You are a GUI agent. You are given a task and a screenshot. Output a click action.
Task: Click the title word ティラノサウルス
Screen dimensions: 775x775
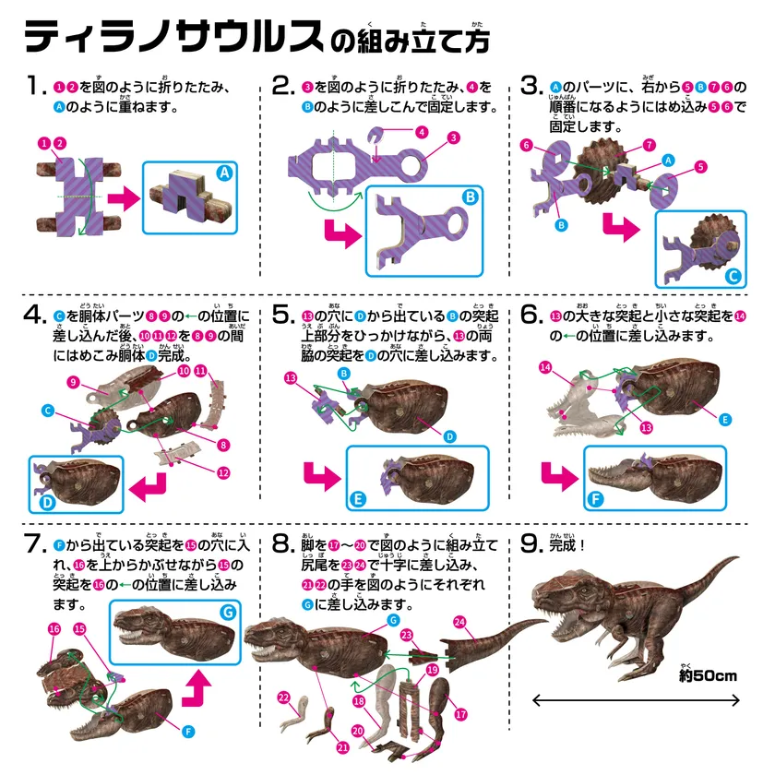tap(174, 37)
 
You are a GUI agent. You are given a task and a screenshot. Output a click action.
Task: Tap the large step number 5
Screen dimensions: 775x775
tap(283, 315)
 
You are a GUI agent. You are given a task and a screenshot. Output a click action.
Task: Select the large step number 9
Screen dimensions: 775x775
tap(531, 543)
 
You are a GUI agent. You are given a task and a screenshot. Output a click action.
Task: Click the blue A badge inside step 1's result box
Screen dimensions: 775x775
tap(225, 173)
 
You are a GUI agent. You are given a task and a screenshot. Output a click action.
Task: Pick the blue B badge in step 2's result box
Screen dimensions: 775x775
tap(470, 197)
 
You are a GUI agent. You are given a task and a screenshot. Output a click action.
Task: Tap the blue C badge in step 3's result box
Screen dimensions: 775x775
tap(733, 276)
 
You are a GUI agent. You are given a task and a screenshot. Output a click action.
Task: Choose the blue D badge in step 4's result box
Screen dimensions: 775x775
tap(47, 502)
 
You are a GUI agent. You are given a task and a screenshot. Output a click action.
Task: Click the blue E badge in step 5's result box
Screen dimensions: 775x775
tap(357, 499)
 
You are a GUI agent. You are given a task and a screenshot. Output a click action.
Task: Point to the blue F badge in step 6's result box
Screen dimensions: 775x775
tap(595, 499)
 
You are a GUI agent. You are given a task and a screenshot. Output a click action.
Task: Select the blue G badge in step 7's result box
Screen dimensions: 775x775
tap(228, 613)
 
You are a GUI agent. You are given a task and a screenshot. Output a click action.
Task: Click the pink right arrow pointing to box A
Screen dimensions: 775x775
tap(124, 198)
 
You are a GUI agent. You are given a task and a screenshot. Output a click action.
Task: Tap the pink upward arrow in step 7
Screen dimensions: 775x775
tap(197, 687)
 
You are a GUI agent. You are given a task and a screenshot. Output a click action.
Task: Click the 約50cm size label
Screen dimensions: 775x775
tap(708, 675)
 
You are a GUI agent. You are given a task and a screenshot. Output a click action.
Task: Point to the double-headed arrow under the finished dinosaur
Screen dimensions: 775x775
tap(636, 700)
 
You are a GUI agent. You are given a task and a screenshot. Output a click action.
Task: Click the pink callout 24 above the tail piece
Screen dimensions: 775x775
tap(459, 622)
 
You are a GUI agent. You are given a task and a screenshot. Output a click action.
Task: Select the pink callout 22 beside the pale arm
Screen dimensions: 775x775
tap(284, 697)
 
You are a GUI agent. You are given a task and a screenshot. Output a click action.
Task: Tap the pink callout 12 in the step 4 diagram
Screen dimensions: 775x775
tap(223, 473)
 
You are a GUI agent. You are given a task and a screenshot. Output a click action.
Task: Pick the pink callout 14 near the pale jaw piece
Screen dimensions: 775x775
tap(545, 367)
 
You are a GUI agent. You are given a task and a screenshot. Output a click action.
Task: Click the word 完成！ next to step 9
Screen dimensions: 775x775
tap(566, 545)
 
